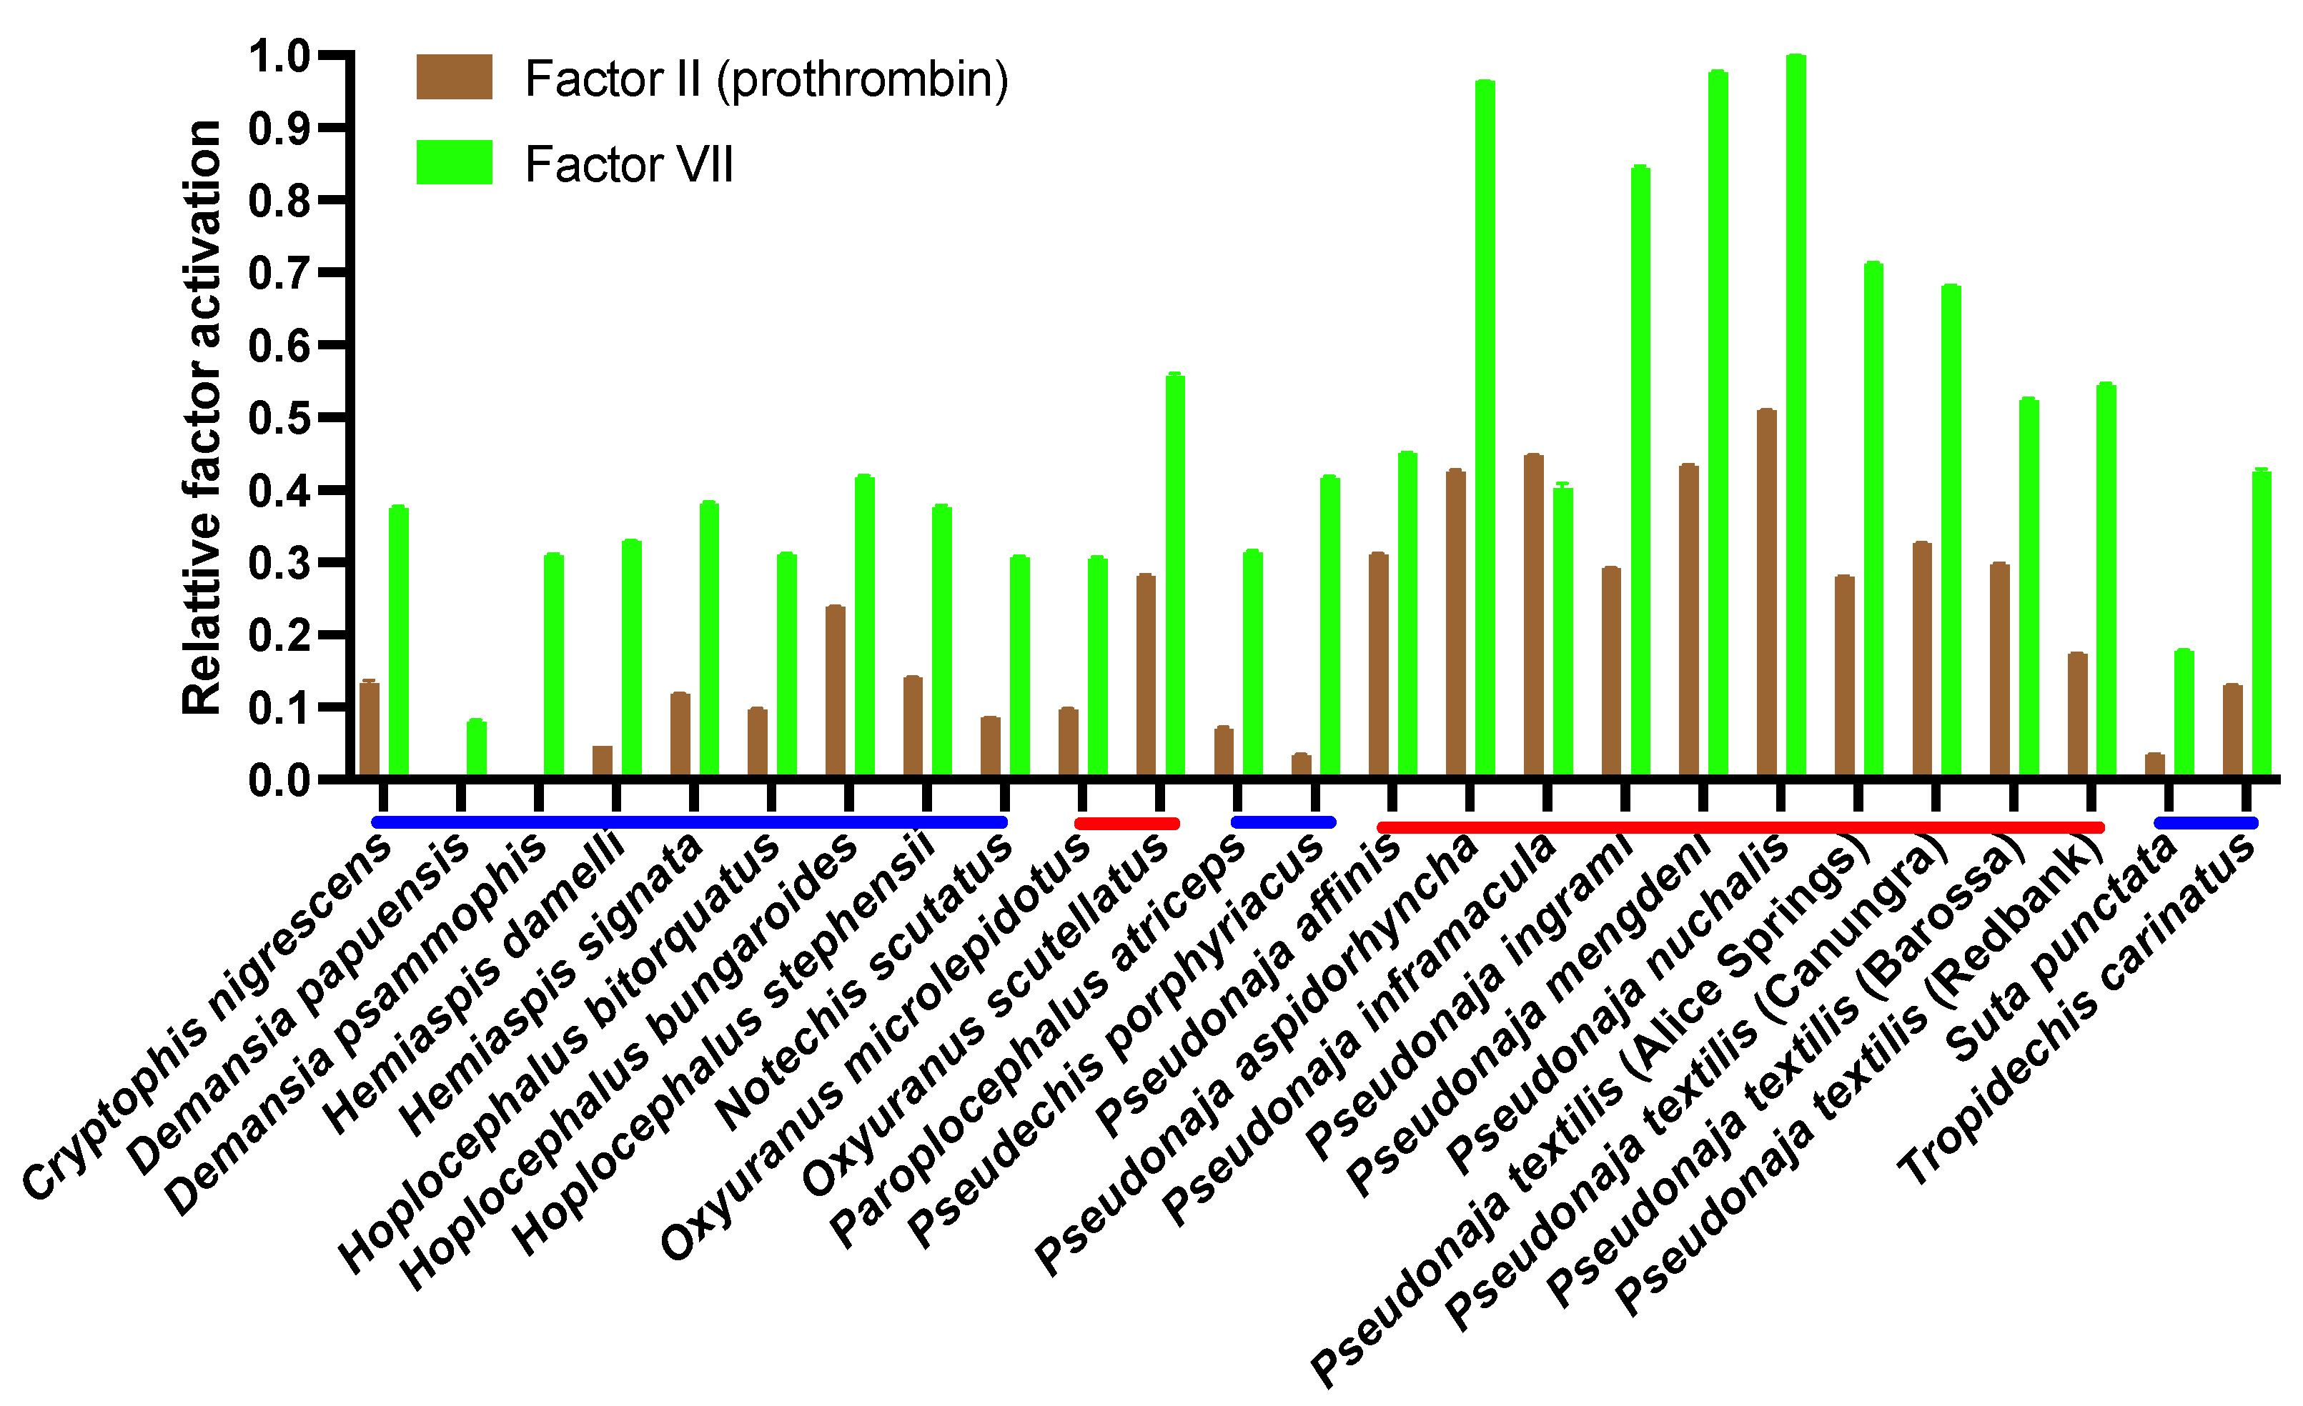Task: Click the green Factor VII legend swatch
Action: point(455,163)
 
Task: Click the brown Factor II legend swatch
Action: point(455,76)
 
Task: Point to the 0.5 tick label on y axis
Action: point(279,419)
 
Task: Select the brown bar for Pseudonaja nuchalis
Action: point(1765,593)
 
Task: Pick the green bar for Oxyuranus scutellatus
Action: point(1175,574)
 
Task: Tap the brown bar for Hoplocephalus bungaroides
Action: point(835,692)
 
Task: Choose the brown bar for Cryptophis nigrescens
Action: point(370,729)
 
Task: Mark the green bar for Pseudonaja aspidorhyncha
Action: point(1485,430)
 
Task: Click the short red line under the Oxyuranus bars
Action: point(1126,823)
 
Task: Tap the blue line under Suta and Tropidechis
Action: point(2206,823)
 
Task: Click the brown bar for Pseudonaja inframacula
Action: point(1533,616)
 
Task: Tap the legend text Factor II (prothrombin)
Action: point(766,79)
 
